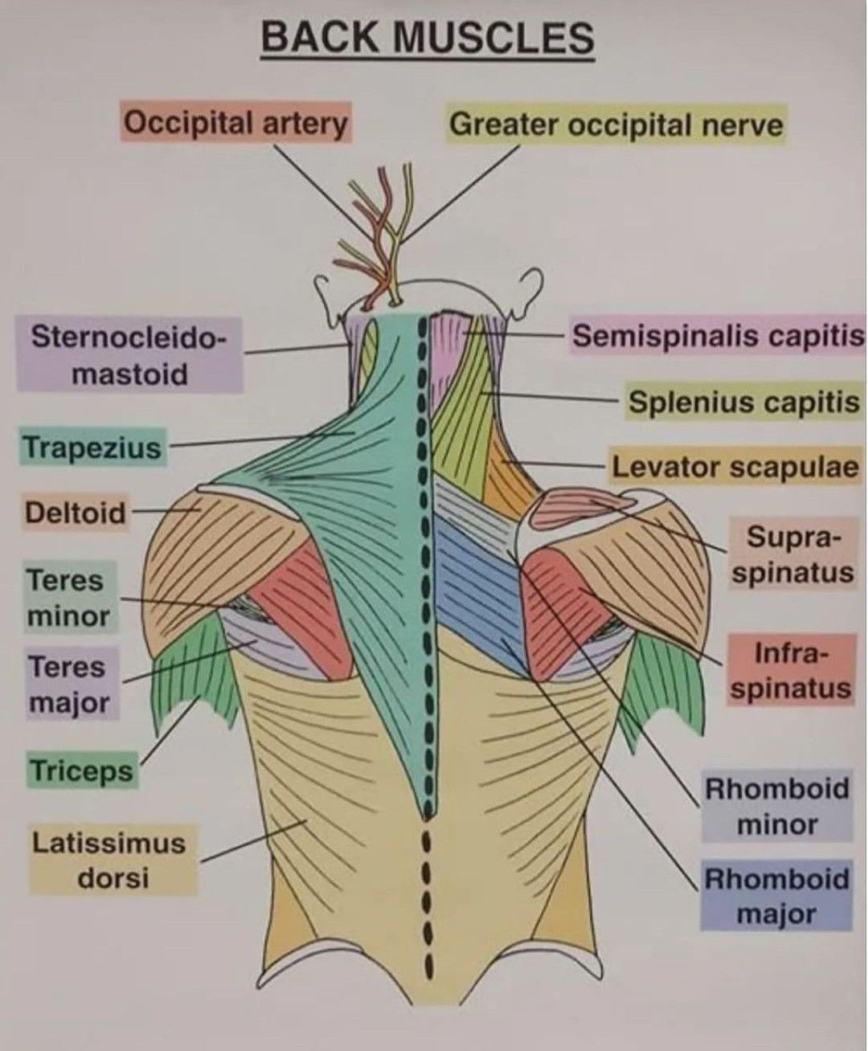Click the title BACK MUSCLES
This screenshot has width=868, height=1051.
(x=427, y=39)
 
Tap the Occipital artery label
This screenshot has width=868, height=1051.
(x=236, y=124)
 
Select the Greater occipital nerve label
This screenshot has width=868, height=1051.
(x=615, y=125)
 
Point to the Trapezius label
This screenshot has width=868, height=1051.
(x=92, y=447)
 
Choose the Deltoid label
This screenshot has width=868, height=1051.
(x=76, y=512)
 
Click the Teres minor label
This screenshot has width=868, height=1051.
(x=68, y=598)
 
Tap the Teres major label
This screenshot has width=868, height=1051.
(x=68, y=685)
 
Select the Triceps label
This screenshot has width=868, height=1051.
(x=80, y=771)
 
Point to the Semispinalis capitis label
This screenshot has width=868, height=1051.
(x=718, y=336)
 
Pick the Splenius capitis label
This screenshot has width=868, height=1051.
(x=743, y=402)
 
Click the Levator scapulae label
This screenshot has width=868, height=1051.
(x=735, y=467)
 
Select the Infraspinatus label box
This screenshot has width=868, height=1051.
(x=791, y=671)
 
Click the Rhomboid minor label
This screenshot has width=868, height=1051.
(x=776, y=806)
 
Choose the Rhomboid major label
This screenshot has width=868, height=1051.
(x=776, y=895)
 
